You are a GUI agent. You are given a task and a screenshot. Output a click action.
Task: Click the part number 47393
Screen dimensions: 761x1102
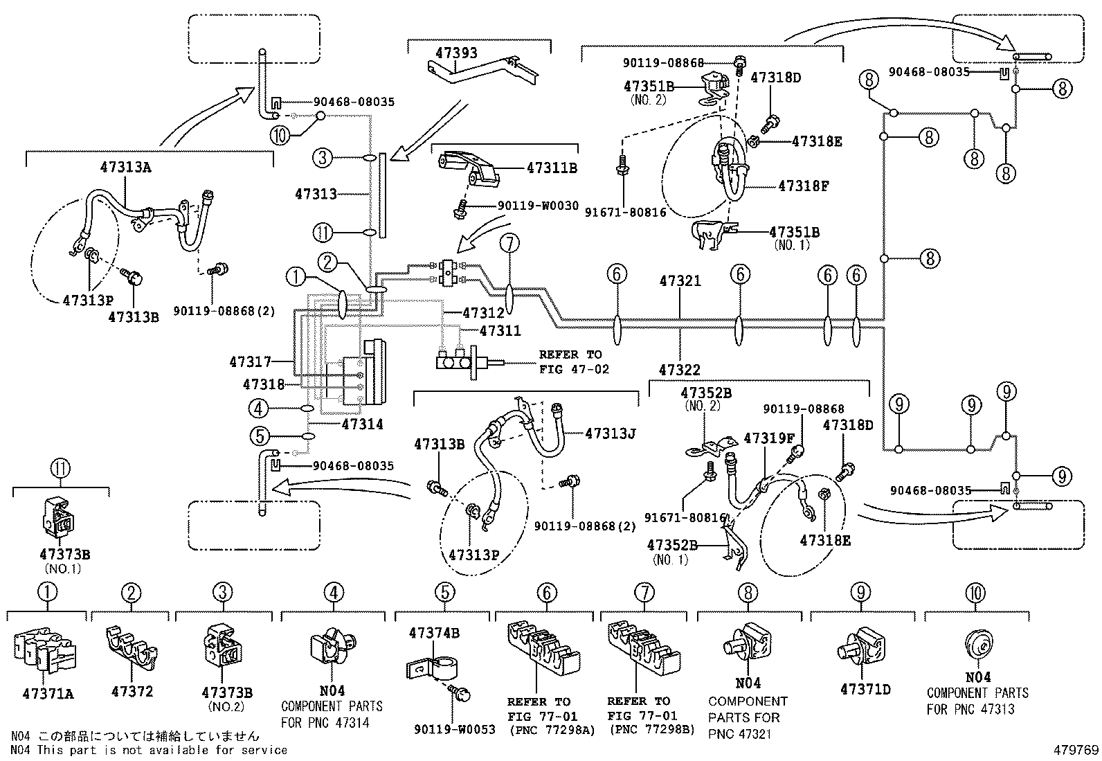(456, 53)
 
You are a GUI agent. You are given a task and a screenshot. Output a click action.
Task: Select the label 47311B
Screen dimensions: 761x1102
(552, 168)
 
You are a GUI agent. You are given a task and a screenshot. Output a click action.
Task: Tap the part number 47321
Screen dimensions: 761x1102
(680, 281)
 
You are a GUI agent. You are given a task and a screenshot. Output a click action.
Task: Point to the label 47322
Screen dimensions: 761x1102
(680, 370)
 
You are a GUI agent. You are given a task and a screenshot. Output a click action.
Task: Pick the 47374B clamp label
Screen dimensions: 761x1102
(434, 633)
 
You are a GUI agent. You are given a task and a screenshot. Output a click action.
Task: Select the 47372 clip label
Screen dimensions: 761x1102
(132, 691)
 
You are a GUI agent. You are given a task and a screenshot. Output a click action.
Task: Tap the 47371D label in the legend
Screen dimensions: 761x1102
(865, 690)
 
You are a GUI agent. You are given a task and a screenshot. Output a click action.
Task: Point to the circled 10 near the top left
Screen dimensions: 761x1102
(279, 136)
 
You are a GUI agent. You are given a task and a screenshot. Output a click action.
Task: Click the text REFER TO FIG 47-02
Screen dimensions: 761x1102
(574, 362)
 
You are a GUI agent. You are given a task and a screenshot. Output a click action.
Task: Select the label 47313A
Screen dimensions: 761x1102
(125, 167)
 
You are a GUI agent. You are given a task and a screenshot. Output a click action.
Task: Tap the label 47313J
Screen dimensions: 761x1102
(610, 433)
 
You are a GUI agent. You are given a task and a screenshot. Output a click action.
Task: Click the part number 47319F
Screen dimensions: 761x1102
(769, 438)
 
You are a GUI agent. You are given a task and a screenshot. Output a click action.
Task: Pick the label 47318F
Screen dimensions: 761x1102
(804, 186)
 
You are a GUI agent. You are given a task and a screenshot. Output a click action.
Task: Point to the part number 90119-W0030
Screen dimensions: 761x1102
(538, 206)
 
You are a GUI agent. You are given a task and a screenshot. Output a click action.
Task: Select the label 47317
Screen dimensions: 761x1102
(250, 361)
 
